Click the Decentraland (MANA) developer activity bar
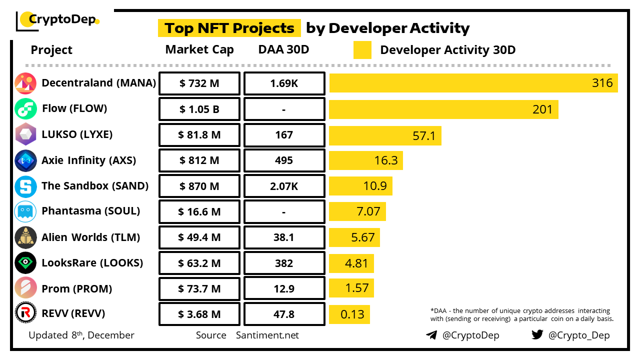473,83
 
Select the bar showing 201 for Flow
443,109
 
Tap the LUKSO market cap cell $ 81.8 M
199,135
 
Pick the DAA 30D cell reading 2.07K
283,186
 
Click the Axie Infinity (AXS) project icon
25,160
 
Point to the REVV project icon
25,313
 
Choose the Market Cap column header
199,50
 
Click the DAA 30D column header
283,50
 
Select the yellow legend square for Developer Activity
362,50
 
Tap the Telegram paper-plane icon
431,335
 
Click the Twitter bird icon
537,334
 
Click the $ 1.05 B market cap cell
199,109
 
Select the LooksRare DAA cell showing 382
283,263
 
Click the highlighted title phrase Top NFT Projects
229,28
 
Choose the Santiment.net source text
267,335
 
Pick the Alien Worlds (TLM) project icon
25,237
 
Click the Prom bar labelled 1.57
351,288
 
